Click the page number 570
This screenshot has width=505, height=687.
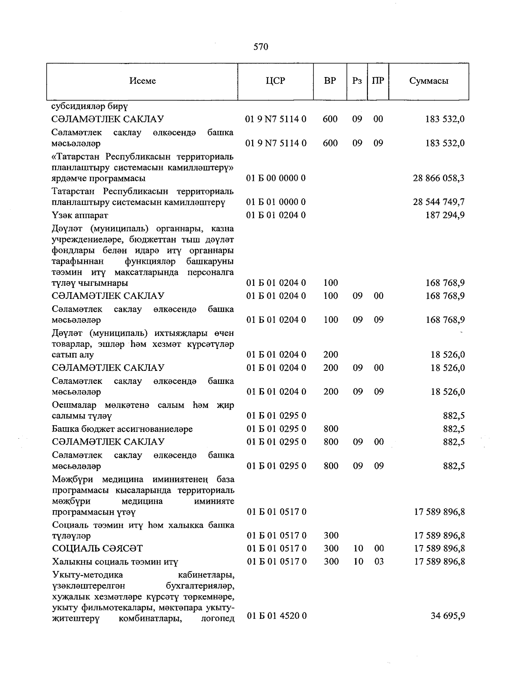[x=260, y=47]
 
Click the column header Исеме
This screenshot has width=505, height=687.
[x=142, y=81]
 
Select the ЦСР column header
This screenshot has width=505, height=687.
[x=276, y=81]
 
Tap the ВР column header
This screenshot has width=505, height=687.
[x=330, y=81]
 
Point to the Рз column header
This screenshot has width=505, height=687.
[x=357, y=81]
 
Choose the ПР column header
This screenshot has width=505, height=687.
[x=378, y=81]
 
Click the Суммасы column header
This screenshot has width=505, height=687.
[x=428, y=81]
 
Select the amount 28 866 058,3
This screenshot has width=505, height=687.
[x=439, y=178]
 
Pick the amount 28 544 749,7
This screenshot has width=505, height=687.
[x=439, y=202]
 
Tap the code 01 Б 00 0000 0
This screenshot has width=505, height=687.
[x=276, y=178]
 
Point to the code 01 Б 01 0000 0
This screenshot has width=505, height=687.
[x=276, y=202]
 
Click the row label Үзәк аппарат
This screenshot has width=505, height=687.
[x=80, y=216]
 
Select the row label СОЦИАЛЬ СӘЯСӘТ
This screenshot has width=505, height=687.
[x=97, y=549]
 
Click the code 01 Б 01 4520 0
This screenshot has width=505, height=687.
[x=276, y=616]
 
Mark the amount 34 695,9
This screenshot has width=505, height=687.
[x=448, y=616]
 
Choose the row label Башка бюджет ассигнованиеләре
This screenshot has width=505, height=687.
[x=122, y=429]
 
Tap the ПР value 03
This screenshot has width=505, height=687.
[x=379, y=562]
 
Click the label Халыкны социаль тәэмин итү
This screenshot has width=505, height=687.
[x=115, y=562]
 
